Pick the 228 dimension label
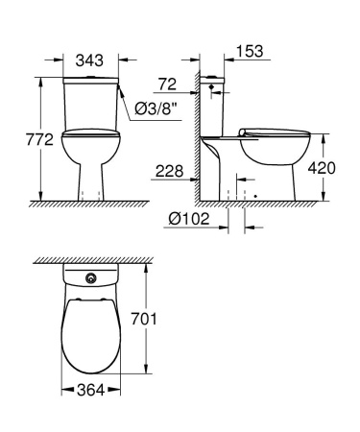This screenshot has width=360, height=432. [x=168, y=171]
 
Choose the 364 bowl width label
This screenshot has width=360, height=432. [x=90, y=391]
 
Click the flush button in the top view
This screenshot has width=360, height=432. [x=90, y=280]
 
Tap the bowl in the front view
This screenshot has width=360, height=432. [x=90, y=154]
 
